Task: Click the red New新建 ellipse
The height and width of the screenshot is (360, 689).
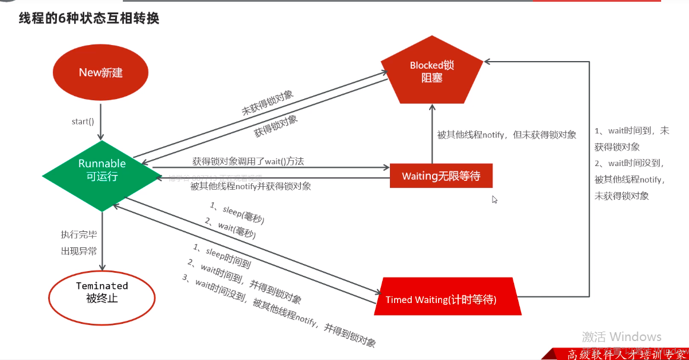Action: (100, 73)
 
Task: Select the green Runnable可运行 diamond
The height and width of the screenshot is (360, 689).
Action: (102, 170)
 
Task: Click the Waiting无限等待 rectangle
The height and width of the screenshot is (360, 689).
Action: (441, 176)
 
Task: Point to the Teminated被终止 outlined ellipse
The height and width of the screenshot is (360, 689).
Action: (101, 292)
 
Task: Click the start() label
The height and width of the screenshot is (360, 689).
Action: (83, 122)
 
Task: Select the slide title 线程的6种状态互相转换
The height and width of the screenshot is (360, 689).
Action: (89, 18)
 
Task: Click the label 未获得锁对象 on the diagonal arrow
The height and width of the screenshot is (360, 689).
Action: (267, 103)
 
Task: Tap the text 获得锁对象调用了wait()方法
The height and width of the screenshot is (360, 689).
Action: (248, 161)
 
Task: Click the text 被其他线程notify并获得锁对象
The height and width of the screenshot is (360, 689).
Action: (250, 186)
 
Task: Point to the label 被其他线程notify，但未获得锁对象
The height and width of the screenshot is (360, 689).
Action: (506, 135)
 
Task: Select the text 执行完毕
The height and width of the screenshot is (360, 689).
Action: (78, 234)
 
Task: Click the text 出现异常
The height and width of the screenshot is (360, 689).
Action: (78, 251)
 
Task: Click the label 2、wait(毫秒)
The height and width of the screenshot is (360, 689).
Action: (230, 228)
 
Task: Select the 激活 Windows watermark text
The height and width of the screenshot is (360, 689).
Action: (621, 337)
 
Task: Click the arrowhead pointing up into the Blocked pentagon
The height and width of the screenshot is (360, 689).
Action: (432, 107)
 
